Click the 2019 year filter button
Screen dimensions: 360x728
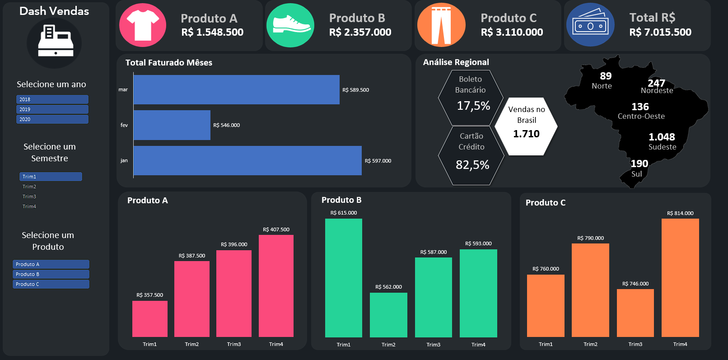point(52,109)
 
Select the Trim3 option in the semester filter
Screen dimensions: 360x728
point(30,196)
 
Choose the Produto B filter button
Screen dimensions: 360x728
point(51,274)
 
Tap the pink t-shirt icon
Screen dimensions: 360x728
point(142,25)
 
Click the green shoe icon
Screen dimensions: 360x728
point(290,25)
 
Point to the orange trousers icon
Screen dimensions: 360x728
point(441,25)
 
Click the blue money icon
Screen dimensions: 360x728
point(590,25)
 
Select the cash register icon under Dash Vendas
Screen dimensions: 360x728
point(55,42)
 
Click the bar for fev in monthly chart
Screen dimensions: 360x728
point(172,125)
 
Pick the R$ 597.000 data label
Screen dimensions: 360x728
point(378,161)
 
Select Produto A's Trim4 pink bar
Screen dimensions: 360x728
point(276,285)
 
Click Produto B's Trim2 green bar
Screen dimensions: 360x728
point(388,315)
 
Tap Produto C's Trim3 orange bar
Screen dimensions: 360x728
point(635,313)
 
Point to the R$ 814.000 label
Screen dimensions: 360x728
point(680,213)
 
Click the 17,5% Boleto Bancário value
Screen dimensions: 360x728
point(473,106)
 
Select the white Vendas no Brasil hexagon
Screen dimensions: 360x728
point(526,126)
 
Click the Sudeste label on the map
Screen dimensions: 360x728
point(662,147)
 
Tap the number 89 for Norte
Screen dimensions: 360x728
point(606,76)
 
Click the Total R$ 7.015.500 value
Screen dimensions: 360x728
point(660,32)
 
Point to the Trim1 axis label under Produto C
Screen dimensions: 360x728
point(546,344)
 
